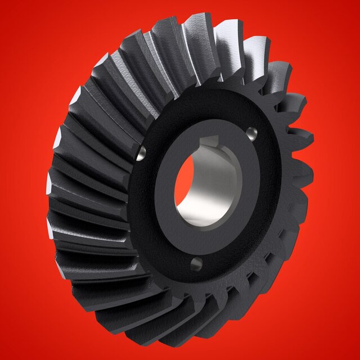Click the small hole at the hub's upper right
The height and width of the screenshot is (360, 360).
click(251, 133)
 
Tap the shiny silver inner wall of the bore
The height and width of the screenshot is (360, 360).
click(217, 186)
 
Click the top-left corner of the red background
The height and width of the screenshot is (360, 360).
click(3, 3)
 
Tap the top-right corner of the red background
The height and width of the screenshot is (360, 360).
click(357, 3)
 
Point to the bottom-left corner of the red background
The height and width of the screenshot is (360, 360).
click(3, 357)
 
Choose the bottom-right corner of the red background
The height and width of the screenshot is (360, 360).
click(357, 357)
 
